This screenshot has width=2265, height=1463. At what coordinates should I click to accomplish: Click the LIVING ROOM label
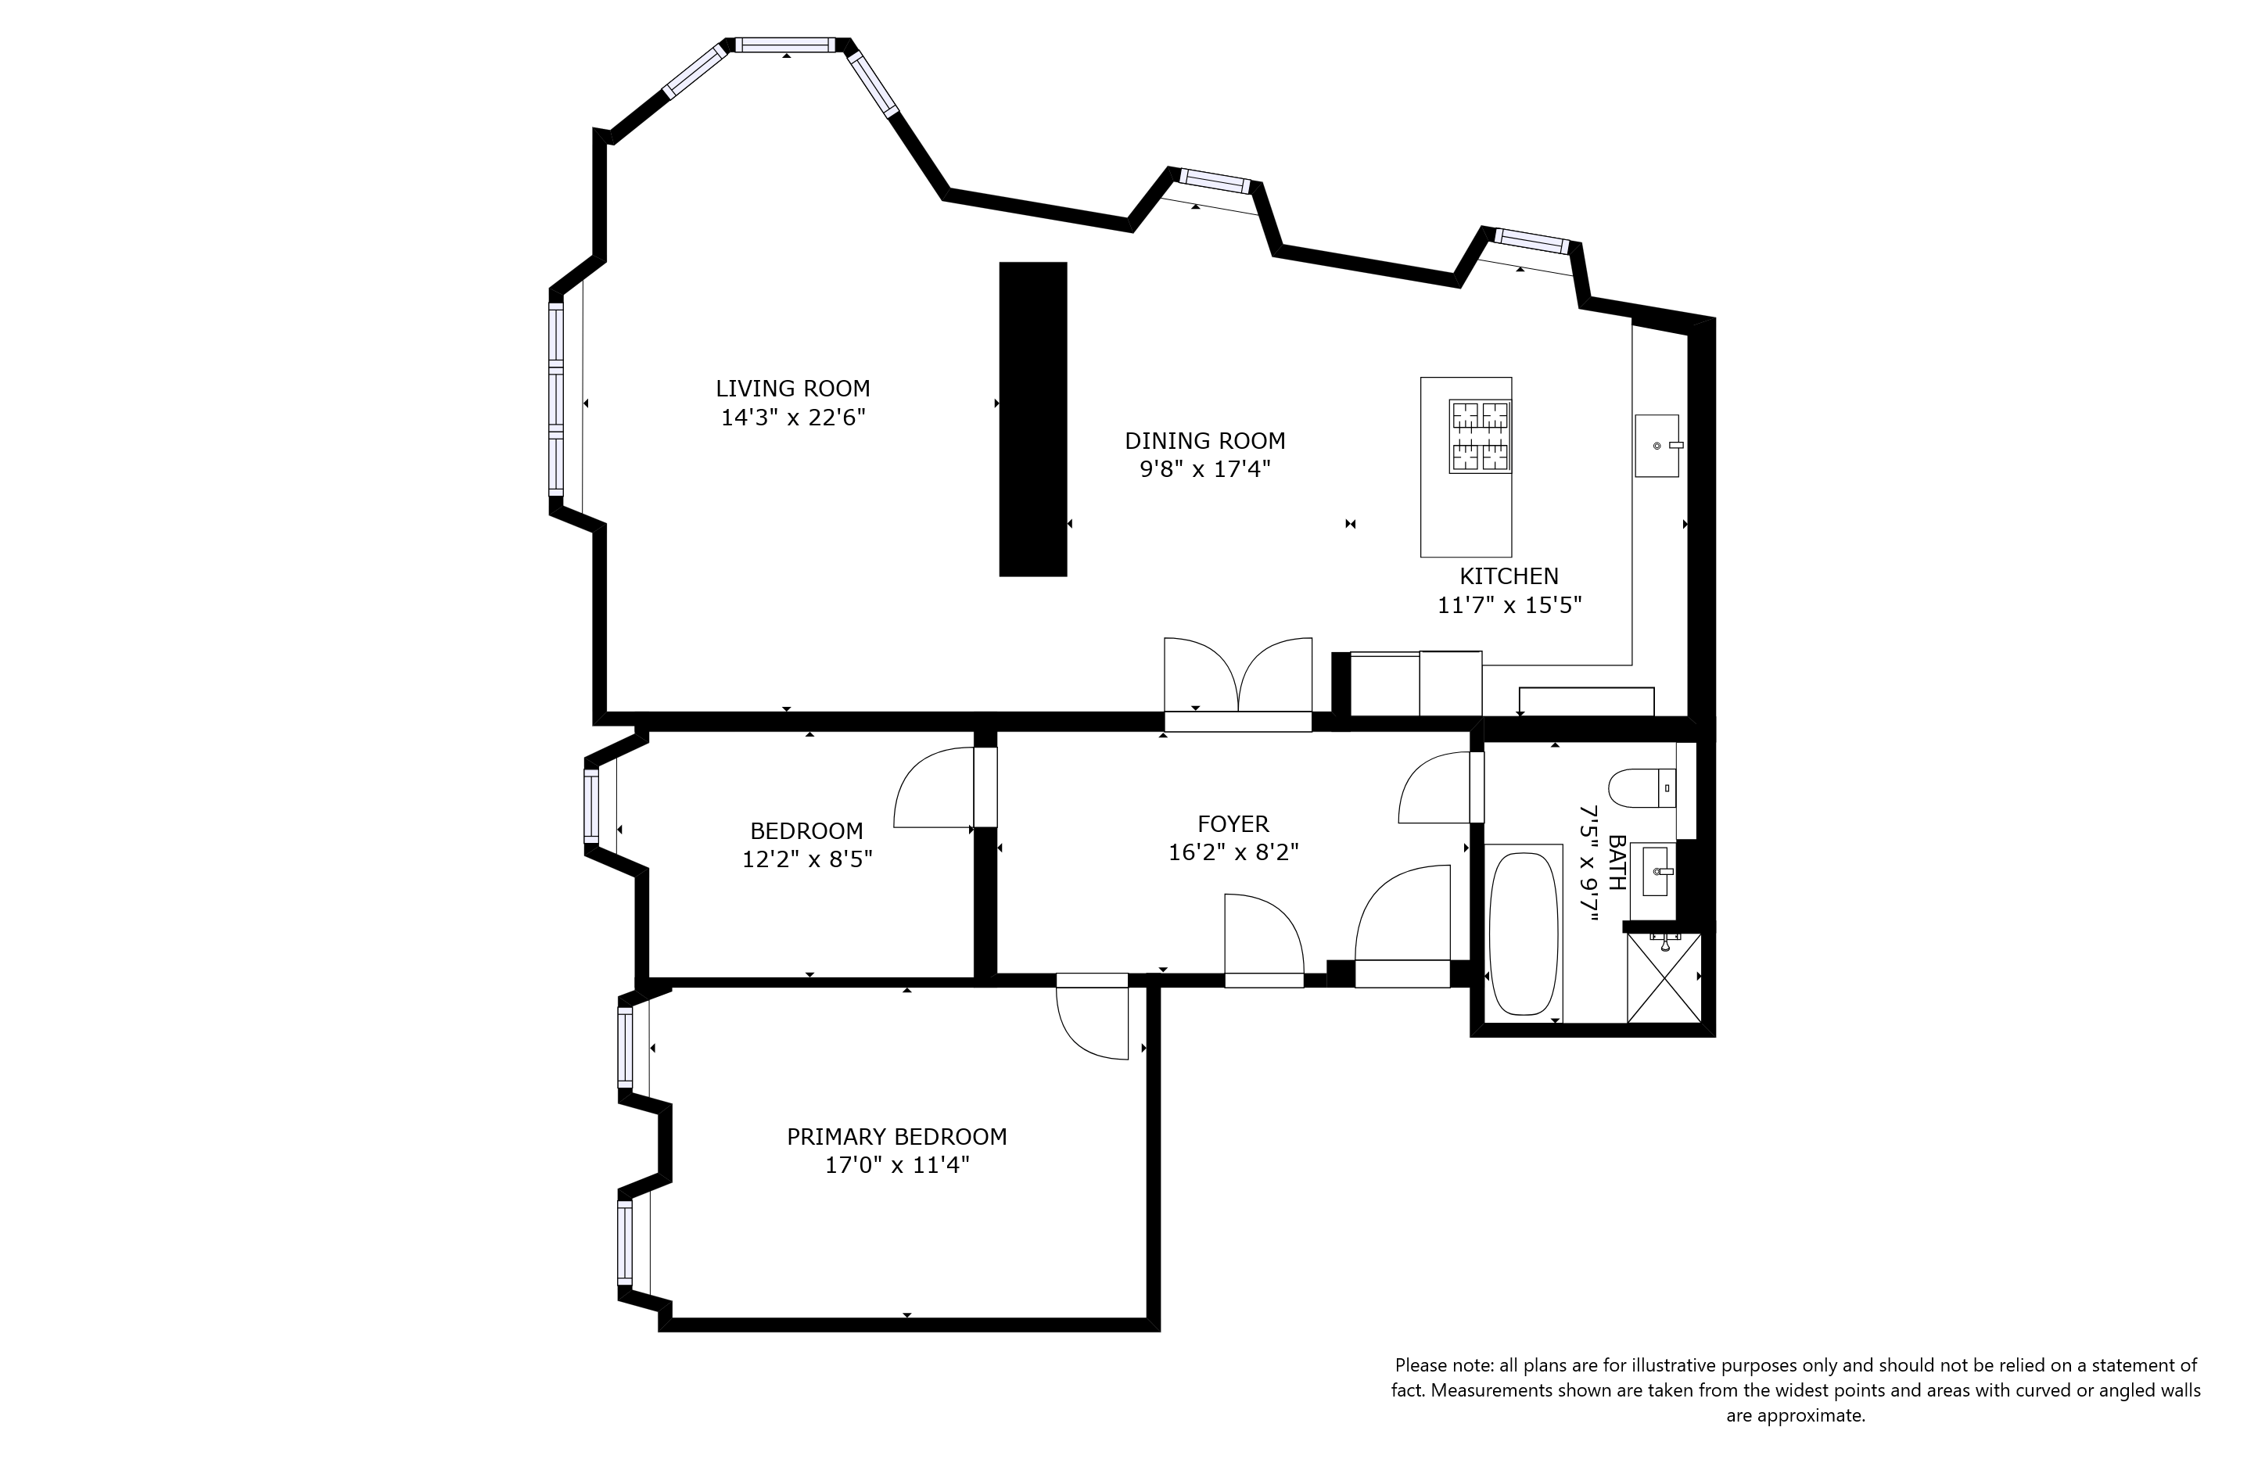(x=792, y=389)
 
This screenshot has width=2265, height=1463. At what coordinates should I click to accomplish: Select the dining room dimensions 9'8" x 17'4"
(x=1204, y=469)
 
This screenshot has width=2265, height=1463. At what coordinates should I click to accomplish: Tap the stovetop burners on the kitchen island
(x=1479, y=436)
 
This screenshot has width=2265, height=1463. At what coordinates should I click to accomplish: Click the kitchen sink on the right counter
(x=1656, y=446)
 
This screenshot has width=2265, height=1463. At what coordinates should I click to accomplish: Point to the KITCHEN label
(x=1509, y=576)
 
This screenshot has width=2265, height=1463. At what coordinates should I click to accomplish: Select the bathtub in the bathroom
(x=1524, y=934)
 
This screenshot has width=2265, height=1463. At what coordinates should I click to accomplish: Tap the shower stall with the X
(x=1663, y=977)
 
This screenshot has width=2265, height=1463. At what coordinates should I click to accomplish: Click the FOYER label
(x=1233, y=823)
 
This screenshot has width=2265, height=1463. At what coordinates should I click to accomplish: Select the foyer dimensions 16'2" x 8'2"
(x=1233, y=853)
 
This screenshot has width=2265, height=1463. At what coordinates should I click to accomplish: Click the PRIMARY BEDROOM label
(x=896, y=1136)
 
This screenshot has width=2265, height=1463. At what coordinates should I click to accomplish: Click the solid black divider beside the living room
(x=1032, y=419)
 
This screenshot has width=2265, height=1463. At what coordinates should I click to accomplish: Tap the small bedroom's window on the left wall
(x=591, y=805)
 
